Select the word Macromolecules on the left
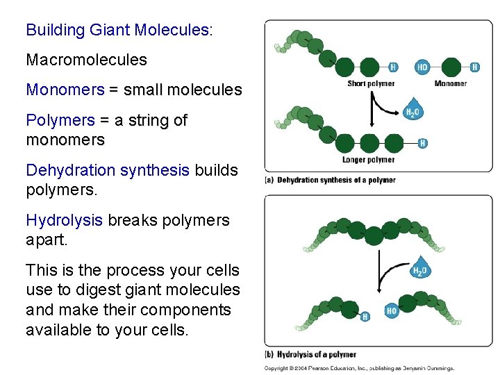pos(86,60)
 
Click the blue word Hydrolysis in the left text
pos(64,220)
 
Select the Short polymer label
pos(371,84)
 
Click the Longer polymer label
pos(369,160)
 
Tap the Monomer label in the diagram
pos(450,84)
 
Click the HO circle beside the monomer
pos(422,67)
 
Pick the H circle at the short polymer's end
pos(393,67)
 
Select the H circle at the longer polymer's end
pos(423,143)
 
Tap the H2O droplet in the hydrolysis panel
pos(420,269)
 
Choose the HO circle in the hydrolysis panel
pos(391,310)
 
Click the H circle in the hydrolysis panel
pos(365,317)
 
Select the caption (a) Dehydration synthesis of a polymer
pos(331,180)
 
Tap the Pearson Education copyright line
pos(359,368)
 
